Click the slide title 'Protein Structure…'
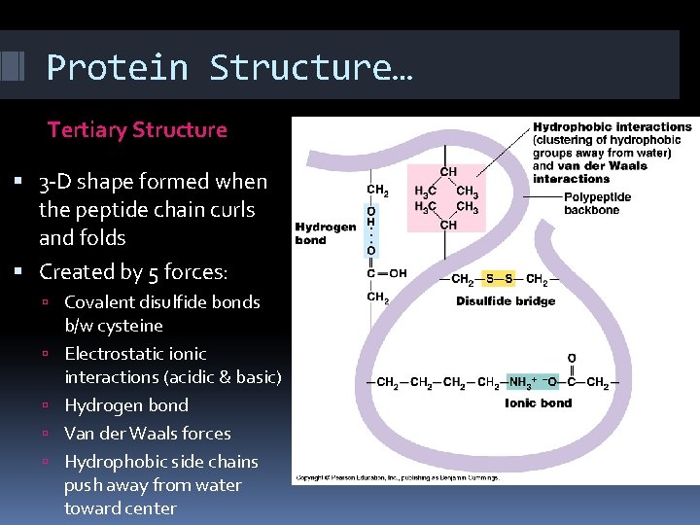(229, 68)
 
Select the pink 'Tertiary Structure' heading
(137, 130)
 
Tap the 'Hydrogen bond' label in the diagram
(325, 233)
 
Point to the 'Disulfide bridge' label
(506, 301)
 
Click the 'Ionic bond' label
(538, 402)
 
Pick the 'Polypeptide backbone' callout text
(597, 203)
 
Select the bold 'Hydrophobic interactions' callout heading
(612, 127)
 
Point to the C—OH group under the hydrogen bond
(385, 273)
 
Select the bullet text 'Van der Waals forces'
(148, 434)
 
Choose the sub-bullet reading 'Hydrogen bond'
(126, 405)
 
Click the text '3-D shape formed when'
(153, 182)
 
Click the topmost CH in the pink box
(448, 172)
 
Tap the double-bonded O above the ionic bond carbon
(571, 359)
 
